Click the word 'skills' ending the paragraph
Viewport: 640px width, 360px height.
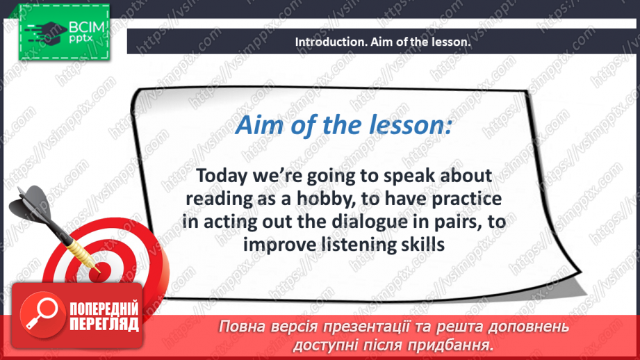(x=424, y=244)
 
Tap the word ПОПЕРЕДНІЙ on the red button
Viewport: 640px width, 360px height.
(x=104, y=309)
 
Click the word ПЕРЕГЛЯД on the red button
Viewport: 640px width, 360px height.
(x=104, y=324)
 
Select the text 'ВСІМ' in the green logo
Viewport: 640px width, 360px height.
(x=87, y=28)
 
